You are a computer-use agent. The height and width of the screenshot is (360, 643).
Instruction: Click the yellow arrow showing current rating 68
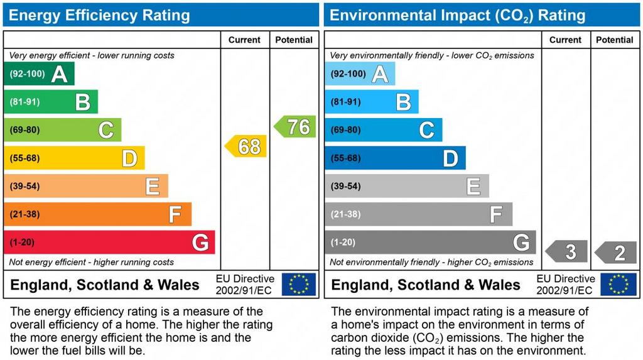(x=246, y=146)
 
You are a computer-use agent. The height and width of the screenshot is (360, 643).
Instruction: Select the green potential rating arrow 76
(x=295, y=127)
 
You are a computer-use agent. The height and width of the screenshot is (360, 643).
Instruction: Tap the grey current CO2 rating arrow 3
(x=566, y=252)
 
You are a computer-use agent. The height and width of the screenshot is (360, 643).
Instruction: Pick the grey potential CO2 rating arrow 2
(x=616, y=253)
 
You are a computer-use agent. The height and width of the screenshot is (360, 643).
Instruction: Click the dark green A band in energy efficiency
(x=39, y=74)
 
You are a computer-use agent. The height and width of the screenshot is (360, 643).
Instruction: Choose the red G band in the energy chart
(x=109, y=243)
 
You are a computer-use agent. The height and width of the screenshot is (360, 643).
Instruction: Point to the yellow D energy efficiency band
(x=74, y=158)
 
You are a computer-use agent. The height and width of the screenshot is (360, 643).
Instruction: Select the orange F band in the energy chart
(x=97, y=214)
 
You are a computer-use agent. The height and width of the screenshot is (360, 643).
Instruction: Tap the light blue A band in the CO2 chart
(x=360, y=74)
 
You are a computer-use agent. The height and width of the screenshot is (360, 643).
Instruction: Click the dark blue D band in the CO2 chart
(x=395, y=158)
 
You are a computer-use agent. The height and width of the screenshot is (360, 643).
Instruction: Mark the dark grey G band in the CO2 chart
(x=430, y=243)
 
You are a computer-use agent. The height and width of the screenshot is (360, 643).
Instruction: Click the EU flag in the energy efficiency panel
(x=298, y=284)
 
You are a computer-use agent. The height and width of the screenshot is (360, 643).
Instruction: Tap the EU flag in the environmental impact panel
(x=619, y=284)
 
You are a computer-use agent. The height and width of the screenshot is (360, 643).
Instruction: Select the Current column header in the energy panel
(x=244, y=40)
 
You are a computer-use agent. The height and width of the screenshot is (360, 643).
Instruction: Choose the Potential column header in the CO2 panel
(x=615, y=40)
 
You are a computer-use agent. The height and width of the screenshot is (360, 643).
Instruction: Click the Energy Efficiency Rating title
(x=99, y=15)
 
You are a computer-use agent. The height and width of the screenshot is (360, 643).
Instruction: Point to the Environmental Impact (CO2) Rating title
(x=457, y=15)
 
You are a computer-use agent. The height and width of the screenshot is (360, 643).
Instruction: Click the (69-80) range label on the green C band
(x=24, y=130)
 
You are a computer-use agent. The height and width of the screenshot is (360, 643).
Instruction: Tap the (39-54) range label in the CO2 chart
(x=345, y=186)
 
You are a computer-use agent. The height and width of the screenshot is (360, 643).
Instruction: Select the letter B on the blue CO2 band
(x=403, y=102)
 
